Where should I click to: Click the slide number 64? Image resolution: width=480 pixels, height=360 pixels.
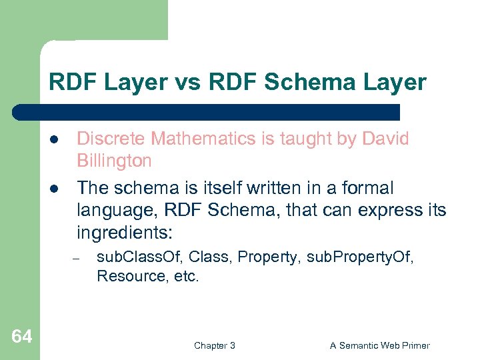(21, 337)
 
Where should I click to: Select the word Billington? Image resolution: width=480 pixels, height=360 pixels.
(114, 161)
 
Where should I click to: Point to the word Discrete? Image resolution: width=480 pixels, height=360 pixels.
(111, 139)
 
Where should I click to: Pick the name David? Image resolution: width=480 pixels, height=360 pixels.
(385, 139)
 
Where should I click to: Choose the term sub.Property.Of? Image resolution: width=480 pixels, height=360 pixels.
(360, 257)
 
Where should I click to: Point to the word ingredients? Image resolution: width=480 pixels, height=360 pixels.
(125, 233)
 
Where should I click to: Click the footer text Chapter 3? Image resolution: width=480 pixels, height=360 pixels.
(214, 345)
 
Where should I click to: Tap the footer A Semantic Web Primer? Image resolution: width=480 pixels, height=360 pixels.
(379, 345)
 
